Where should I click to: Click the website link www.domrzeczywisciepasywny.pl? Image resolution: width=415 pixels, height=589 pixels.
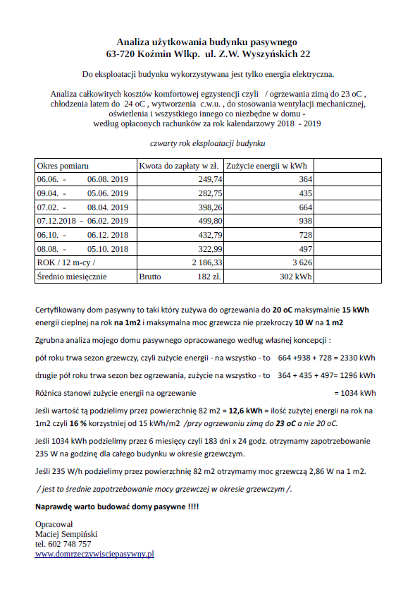point(94,554)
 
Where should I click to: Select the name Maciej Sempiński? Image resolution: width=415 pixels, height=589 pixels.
point(66,534)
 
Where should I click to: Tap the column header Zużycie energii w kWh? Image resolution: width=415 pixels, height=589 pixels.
point(267,166)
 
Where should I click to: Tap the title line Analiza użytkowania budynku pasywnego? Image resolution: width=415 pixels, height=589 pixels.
point(207,42)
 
